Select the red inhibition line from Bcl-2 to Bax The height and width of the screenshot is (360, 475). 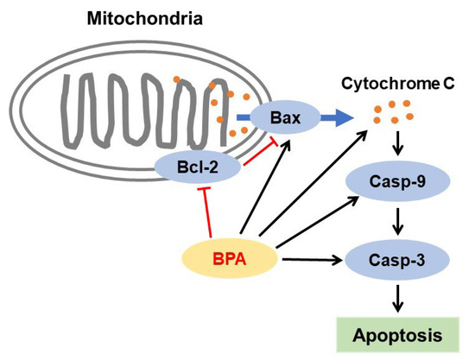tap(250, 152)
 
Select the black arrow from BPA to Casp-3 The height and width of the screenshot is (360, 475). tap(310, 257)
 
